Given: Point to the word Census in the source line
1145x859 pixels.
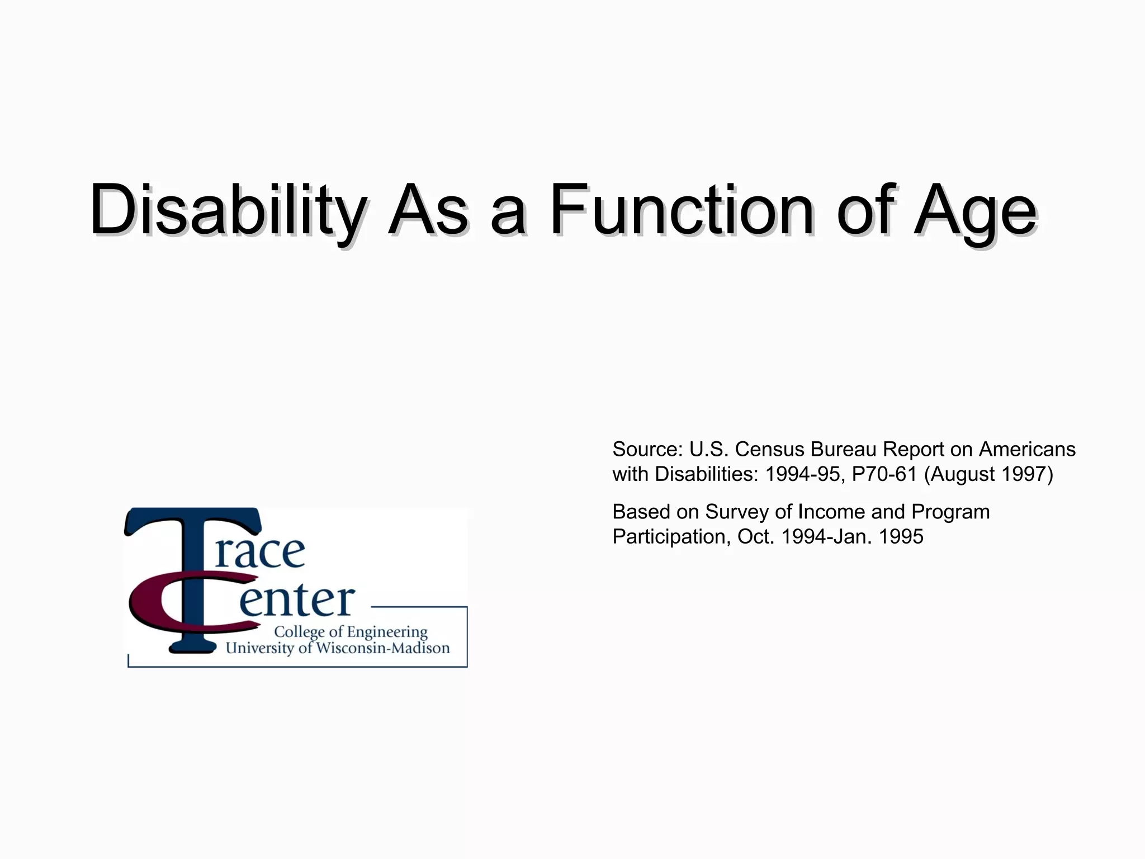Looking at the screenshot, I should pos(770,450).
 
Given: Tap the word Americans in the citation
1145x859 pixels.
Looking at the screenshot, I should pos(1027,450).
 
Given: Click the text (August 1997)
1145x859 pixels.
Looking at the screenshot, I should pos(988,474).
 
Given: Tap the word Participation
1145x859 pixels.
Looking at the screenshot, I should pos(671,537).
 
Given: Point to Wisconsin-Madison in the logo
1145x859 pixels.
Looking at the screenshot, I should pos(383,648).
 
